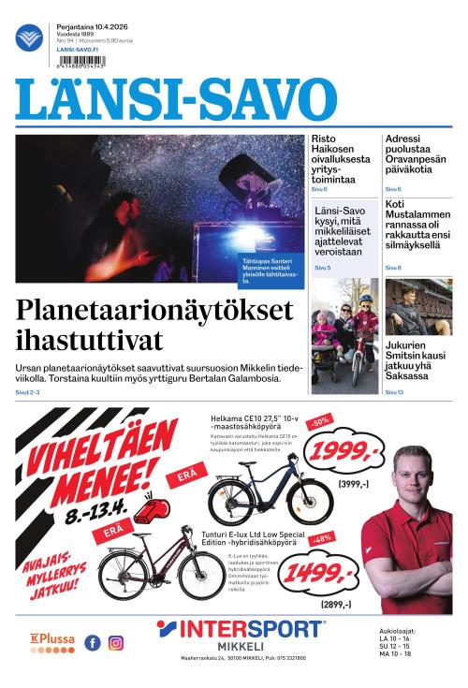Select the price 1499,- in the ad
pos(320,573)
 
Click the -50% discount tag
pos(321,422)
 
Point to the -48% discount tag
pos(322,539)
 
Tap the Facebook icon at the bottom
pos(93,643)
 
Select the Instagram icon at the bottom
pos(116,643)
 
